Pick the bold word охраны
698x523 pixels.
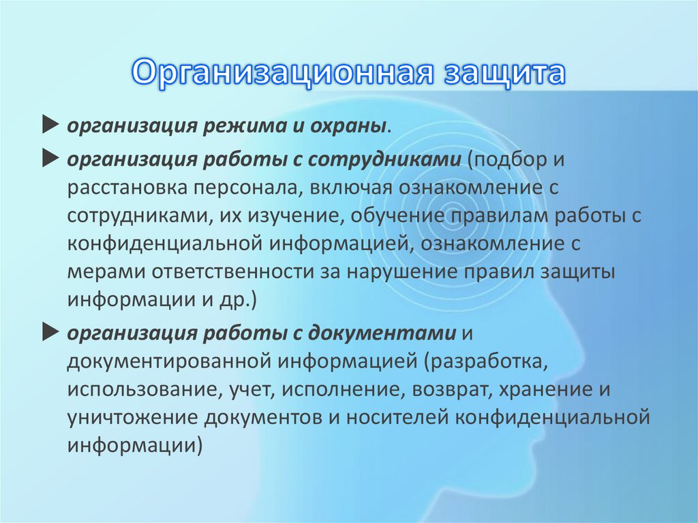click(x=348, y=128)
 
